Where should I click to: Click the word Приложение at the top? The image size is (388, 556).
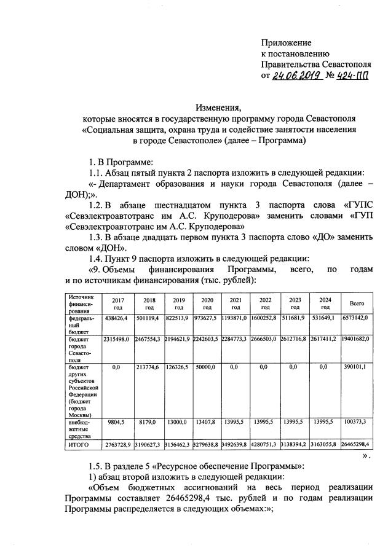point(286,43)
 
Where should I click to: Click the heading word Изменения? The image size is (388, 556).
point(218,106)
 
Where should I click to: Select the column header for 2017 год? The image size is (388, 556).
point(117,303)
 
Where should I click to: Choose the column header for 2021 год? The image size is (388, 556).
point(236,303)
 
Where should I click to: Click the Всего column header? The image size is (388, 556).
point(357,303)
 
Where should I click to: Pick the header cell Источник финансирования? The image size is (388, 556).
point(81,303)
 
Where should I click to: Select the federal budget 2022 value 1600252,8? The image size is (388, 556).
point(265,319)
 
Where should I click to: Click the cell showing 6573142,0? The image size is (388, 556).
point(356,319)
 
